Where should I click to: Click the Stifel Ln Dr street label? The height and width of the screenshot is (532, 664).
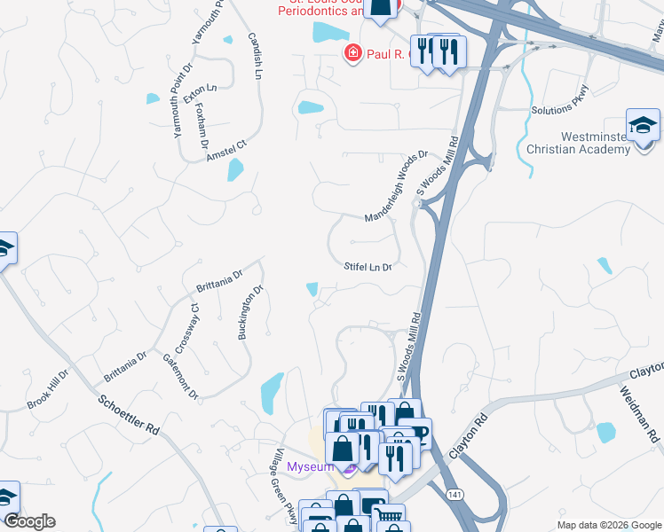tap(368, 266)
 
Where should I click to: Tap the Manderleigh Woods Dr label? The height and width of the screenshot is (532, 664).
tap(396, 185)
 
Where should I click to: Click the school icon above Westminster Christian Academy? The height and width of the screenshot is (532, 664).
tap(643, 126)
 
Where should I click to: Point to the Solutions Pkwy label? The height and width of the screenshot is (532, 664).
tap(560, 99)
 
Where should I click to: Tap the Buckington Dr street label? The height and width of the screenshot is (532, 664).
tap(249, 312)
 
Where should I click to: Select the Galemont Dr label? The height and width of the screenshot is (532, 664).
tap(179, 375)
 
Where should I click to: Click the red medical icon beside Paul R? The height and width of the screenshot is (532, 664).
tap(352, 54)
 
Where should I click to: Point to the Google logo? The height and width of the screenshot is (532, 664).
tap(29, 521)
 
